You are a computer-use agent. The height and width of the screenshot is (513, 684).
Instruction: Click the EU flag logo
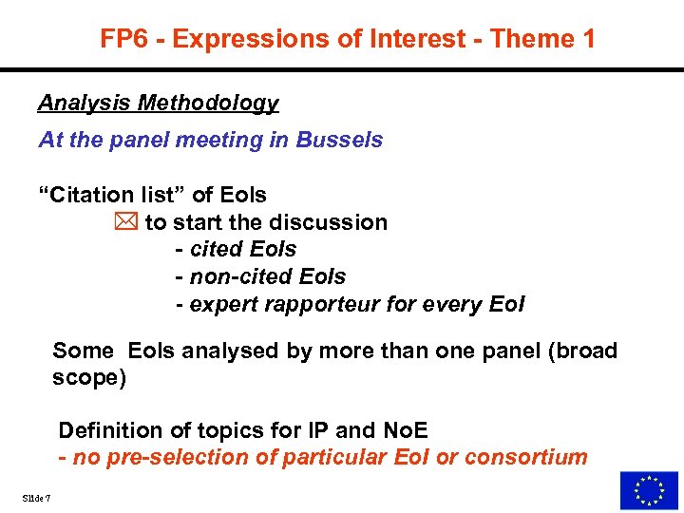(x=649, y=490)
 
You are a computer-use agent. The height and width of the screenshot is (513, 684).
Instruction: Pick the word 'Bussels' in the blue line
(x=339, y=140)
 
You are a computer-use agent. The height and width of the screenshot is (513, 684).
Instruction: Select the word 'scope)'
(x=88, y=377)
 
